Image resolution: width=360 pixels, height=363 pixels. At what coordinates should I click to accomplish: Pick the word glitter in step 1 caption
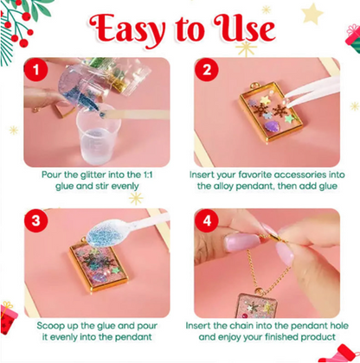[x=88, y=174]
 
